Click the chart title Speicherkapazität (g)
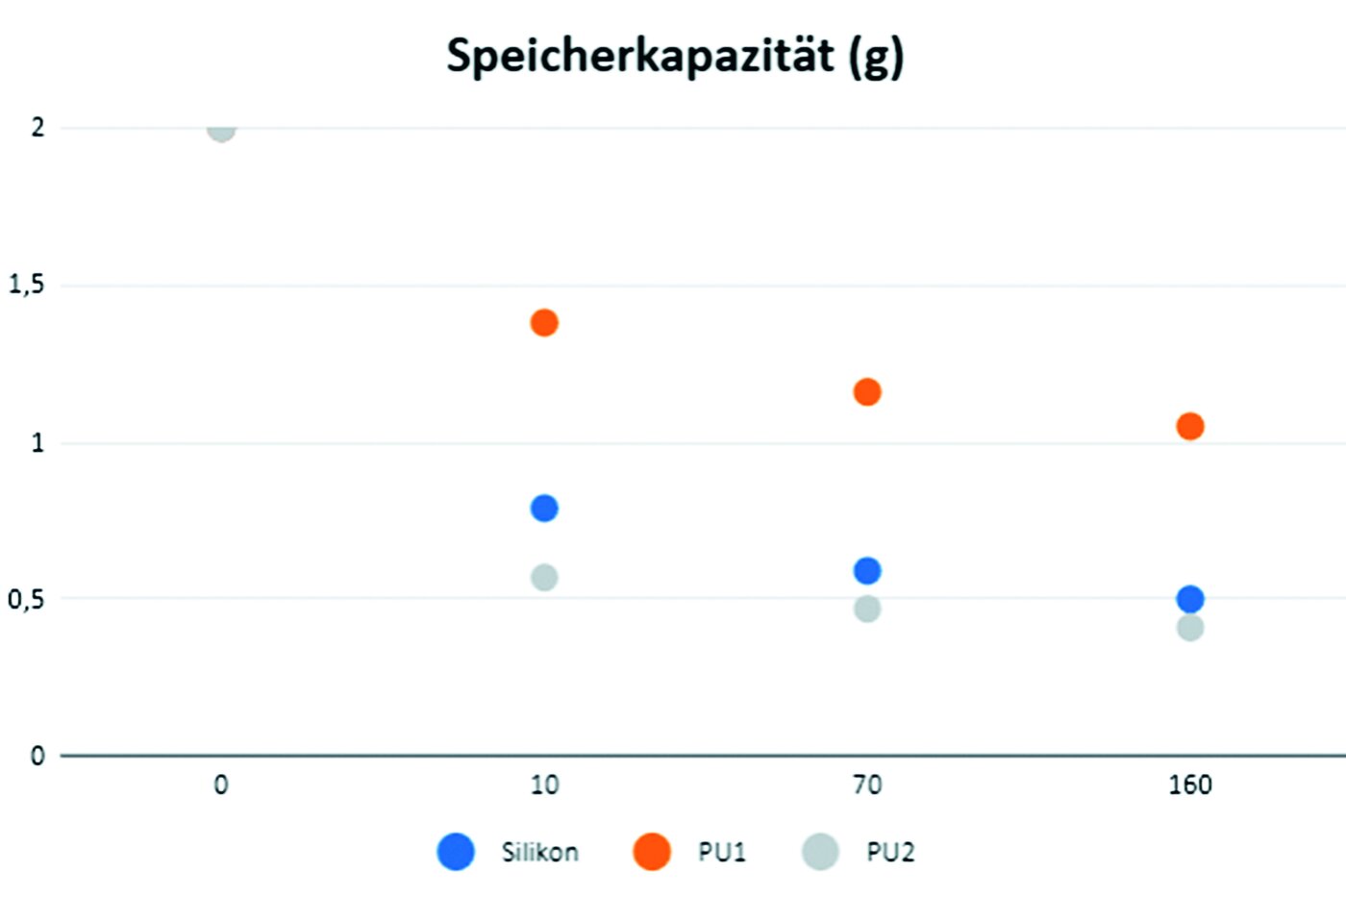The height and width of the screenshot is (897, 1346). [675, 57]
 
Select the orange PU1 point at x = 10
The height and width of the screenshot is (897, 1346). [544, 323]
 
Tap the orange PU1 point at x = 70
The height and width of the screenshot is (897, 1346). [867, 392]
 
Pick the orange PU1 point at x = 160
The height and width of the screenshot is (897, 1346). [1190, 426]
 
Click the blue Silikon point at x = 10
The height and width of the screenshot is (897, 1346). [544, 508]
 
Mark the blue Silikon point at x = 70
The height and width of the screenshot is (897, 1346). [867, 571]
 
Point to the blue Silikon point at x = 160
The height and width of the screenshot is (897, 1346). [1190, 599]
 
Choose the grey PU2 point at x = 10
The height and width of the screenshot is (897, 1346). [544, 578]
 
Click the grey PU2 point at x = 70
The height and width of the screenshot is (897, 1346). [867, 609]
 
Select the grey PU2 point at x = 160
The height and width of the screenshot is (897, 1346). [1190, 628]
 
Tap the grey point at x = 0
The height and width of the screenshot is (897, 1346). [221, 129]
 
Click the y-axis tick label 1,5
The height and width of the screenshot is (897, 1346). [26, 285]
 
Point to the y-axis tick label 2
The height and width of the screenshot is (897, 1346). [37, 127]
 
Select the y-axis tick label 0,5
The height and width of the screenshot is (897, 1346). [26, 600]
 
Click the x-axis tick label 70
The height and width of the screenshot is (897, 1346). [867, 785]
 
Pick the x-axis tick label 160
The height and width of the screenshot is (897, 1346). [1190, 785]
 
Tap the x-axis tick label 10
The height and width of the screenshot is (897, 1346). [544, 785]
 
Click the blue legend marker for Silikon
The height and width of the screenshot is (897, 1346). [456, 852]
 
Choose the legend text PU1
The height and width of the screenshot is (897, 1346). [721, 852]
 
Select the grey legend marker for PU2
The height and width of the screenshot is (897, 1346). [820, 852]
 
